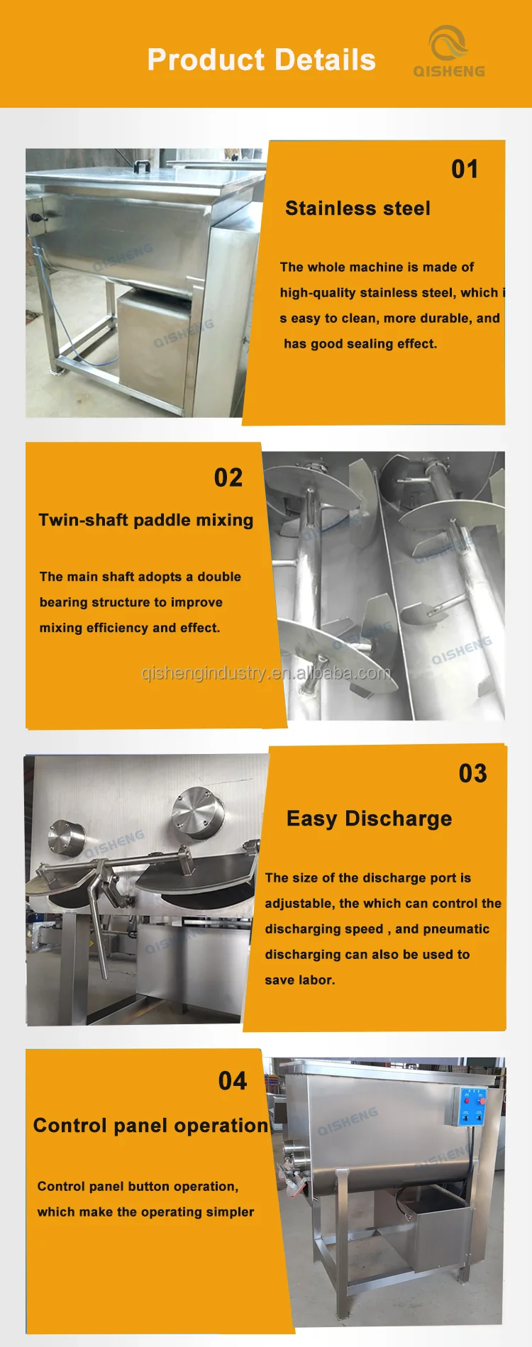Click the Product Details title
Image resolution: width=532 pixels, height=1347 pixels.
(261, 60)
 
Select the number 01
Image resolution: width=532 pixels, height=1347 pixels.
(465, 170)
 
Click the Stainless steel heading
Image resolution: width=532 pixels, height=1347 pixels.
(358, 209)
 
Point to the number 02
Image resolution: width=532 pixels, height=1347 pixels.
(228, 478)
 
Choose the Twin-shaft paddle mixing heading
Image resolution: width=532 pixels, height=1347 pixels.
(145, 520)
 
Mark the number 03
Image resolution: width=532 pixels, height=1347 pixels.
(472, 774)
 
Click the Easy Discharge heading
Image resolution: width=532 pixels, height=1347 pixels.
(369, 819)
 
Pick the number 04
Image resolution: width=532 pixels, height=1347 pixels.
(233, 1081)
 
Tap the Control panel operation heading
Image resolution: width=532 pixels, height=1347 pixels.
(150, 1126)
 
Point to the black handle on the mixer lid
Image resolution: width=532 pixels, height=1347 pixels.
(143, 166)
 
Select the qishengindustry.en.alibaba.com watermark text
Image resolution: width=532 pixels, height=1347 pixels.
(266, 673)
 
